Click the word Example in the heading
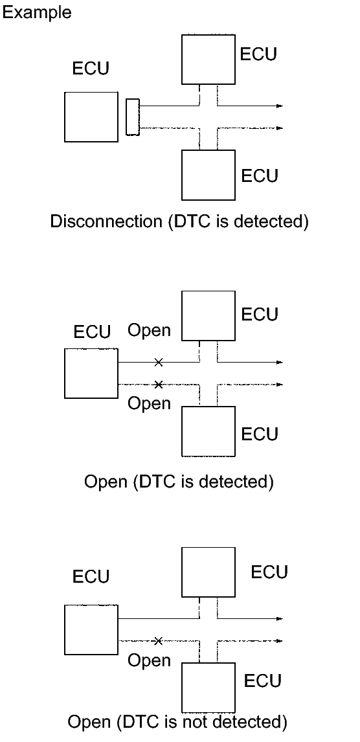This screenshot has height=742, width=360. tap(36, 12)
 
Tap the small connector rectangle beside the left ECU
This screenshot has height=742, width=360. tap(133, 117)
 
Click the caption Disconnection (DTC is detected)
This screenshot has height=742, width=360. tap(179, 221)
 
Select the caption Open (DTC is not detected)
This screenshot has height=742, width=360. tap(177, 722)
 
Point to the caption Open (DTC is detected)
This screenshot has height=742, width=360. tap(179, 482)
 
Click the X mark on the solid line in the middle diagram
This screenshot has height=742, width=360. tap(159, 363)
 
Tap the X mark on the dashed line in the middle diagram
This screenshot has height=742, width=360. tap(159, 384)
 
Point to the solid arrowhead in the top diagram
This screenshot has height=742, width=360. tap(280, 106)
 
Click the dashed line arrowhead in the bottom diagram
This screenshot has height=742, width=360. tap(280, 641)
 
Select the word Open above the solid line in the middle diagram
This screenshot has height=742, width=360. tap(149, 330)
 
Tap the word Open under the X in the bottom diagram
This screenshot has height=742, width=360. tap(149, 660)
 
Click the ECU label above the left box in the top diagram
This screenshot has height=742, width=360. tap(91, 69)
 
